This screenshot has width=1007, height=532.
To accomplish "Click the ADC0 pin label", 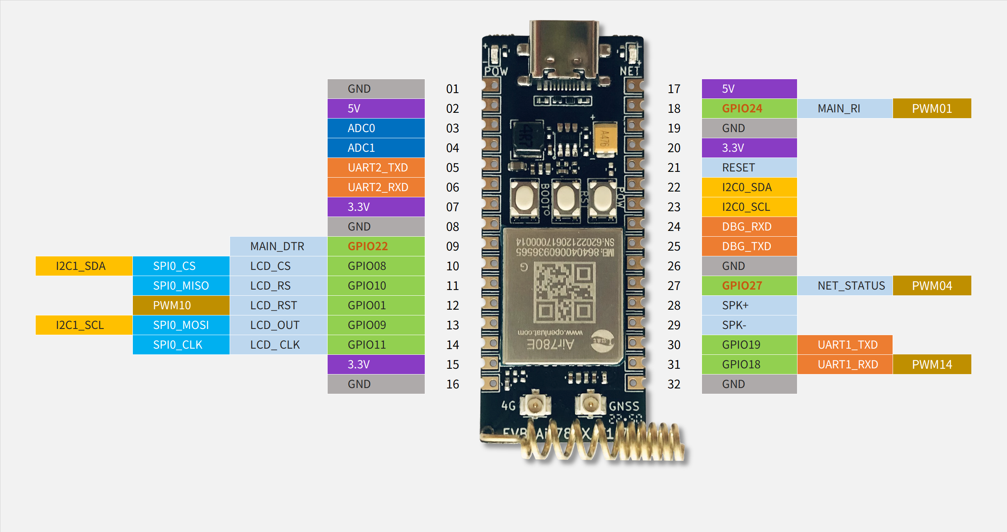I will coord(376,128).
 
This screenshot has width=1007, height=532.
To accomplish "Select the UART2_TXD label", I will coord(376,167).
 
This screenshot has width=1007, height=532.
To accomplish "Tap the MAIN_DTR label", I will coord(278,246).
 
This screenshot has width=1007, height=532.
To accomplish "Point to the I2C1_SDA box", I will coord(84,266).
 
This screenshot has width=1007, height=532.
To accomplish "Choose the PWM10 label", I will coord(181,305).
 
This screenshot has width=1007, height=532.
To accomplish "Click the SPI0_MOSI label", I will coord(181,325).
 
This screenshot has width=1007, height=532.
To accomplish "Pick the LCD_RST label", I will coord(278,305).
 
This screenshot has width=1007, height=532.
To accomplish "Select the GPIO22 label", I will coord(376,246).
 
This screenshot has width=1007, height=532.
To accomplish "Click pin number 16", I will coord(453,384).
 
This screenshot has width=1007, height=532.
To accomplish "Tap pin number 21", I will coord(674,168).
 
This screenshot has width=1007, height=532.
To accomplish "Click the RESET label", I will coord(749,167).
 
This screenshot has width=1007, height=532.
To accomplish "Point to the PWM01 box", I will coord(932,108).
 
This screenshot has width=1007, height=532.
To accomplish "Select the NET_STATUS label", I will coord(845,285).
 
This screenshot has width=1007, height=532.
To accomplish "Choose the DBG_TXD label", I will coord(749,246).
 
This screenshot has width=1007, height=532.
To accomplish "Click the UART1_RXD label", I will coord(845,364).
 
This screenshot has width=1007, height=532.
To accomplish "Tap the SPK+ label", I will coord(749,305).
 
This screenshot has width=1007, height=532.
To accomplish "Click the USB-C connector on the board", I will coord(564,51).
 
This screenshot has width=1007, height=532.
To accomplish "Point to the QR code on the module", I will coord(564,292).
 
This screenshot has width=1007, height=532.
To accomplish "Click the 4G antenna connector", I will coord(535,405).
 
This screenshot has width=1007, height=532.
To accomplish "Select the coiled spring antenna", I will coord(603,443).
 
